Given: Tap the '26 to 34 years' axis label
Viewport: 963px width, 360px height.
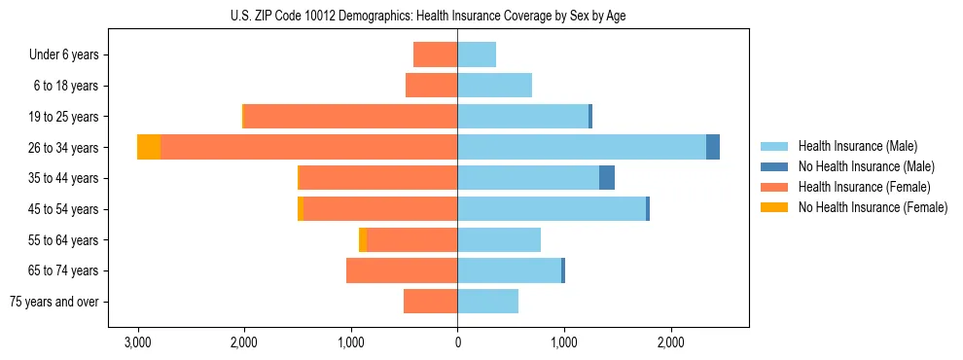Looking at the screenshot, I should [63, 148].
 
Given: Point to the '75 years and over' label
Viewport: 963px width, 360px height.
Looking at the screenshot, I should [54, 302].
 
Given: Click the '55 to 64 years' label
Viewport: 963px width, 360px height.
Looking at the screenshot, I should [63, 240].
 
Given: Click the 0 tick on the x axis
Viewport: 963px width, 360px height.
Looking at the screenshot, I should [457, 342].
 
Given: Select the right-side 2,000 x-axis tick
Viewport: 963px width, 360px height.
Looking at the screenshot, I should [670, 342].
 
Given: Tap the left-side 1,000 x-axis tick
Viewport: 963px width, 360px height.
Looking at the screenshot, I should [350, 342].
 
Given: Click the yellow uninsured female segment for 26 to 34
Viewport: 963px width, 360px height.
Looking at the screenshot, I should [149, 147].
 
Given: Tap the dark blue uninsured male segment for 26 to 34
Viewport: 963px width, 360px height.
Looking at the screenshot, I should [713, 147].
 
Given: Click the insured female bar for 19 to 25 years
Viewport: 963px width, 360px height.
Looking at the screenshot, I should [350, 117].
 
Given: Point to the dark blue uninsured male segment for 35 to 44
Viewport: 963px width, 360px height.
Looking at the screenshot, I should [607, 178].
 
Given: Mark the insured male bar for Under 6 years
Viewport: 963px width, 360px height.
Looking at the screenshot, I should [477, 54].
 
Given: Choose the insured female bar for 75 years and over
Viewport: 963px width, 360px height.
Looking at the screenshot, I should [430, 302].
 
